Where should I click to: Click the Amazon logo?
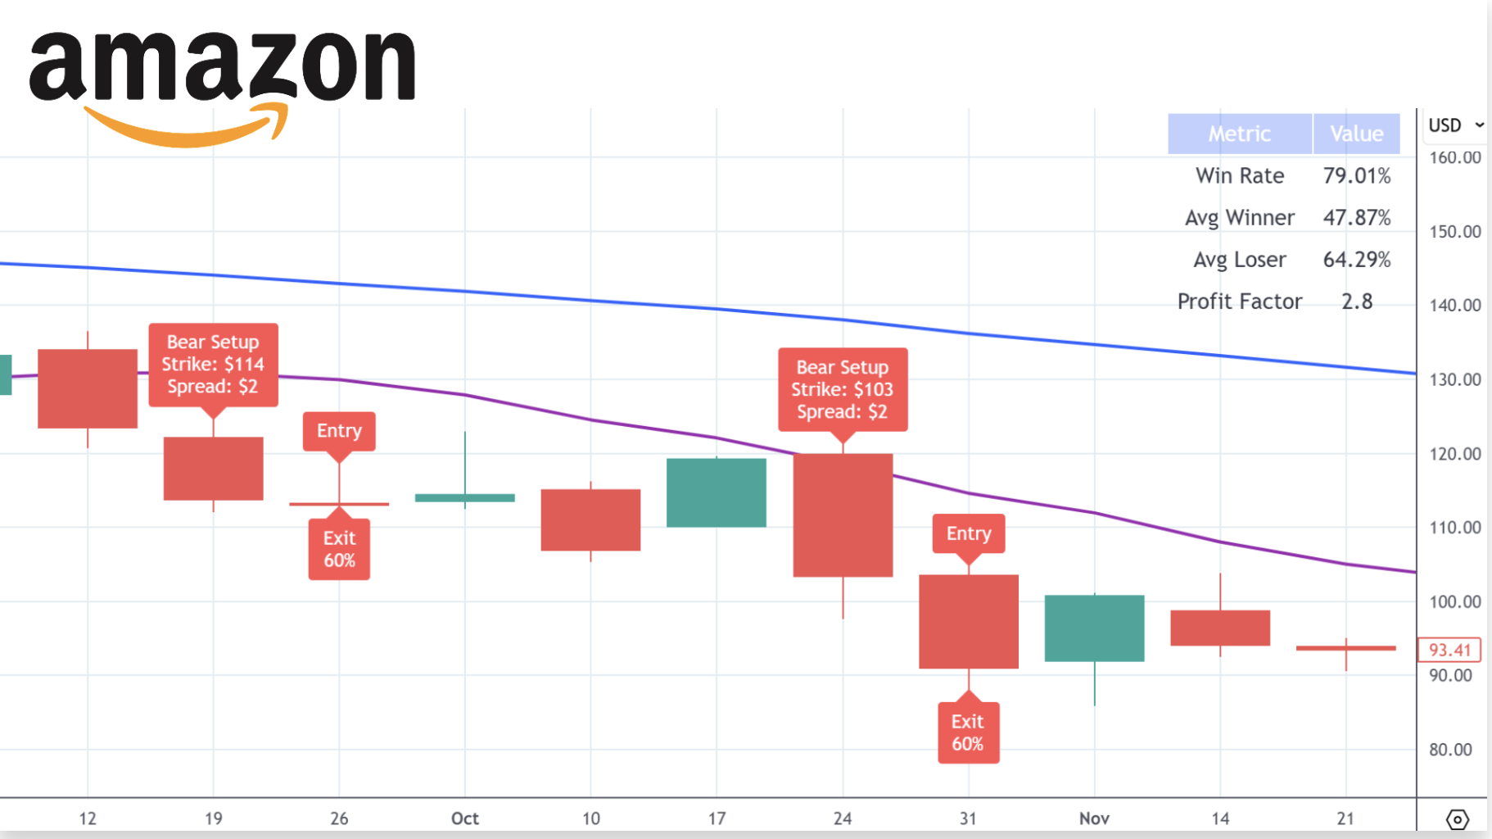(x=221, y=86)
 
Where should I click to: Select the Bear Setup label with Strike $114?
(x=213, y=365)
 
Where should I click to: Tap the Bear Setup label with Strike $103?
(x=842, y=390)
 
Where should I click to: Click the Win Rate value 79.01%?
(x=1356, y=176)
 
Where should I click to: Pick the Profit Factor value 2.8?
(x=1356, y=302)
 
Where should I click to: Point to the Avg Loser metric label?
(x=1239, y=260)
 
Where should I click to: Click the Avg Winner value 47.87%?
(x=1356, y=218)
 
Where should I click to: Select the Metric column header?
(x=1239, y=134)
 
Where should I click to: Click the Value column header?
(x=1356, y=134)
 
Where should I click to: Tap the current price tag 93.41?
(x=1449, y=650)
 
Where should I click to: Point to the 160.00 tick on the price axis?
(x=1454, y=157)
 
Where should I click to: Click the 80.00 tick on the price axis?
(x=1450, y=750)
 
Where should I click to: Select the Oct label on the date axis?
(x=464, y=819)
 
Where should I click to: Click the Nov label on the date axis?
(x=1094, y=819)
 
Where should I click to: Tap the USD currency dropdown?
(x=1455, y=125)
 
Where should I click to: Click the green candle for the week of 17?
(x=717, y=492)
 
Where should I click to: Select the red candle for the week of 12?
(x=88, y=388)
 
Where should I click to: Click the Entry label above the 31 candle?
(x=969, y=533)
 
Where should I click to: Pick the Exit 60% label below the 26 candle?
(x=339, y=550)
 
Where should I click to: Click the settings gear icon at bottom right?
(x=1457, y=819)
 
